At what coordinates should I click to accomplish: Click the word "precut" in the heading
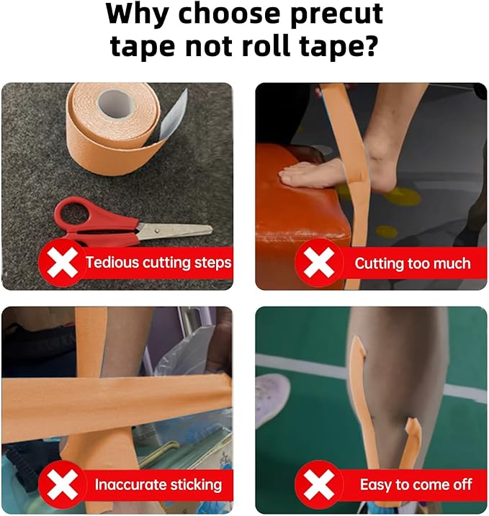336,15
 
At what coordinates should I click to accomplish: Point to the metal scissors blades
174,230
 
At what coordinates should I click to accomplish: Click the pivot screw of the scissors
157,230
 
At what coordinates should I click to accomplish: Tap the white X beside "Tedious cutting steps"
62,263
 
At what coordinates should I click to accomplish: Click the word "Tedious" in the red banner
112,262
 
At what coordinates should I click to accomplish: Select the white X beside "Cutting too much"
318,263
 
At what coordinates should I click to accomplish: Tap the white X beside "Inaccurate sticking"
62,484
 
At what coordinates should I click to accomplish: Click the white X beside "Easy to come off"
318,484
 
